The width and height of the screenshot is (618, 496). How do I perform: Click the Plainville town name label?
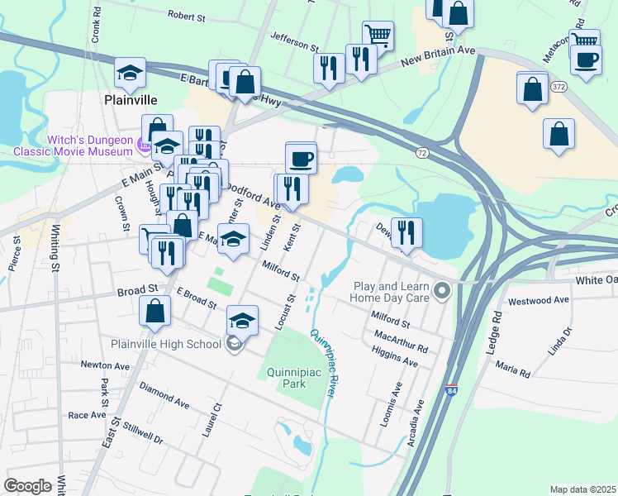click(131, 99)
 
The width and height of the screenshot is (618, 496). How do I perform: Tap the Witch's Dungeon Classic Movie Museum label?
click(72, 145)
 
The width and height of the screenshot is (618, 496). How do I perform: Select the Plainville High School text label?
click(165, 344)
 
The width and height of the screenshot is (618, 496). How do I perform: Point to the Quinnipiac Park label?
click(292, 379)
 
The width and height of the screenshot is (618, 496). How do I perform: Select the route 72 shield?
click(422, 153)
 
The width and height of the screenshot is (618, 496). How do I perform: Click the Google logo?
click(27, 486)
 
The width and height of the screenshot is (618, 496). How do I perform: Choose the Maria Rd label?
click(514, 370)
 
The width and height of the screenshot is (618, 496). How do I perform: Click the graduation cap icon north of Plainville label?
click(130, 74)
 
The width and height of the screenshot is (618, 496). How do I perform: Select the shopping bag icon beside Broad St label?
click(154, 312)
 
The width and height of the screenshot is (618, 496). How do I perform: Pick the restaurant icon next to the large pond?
click(406, 233)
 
